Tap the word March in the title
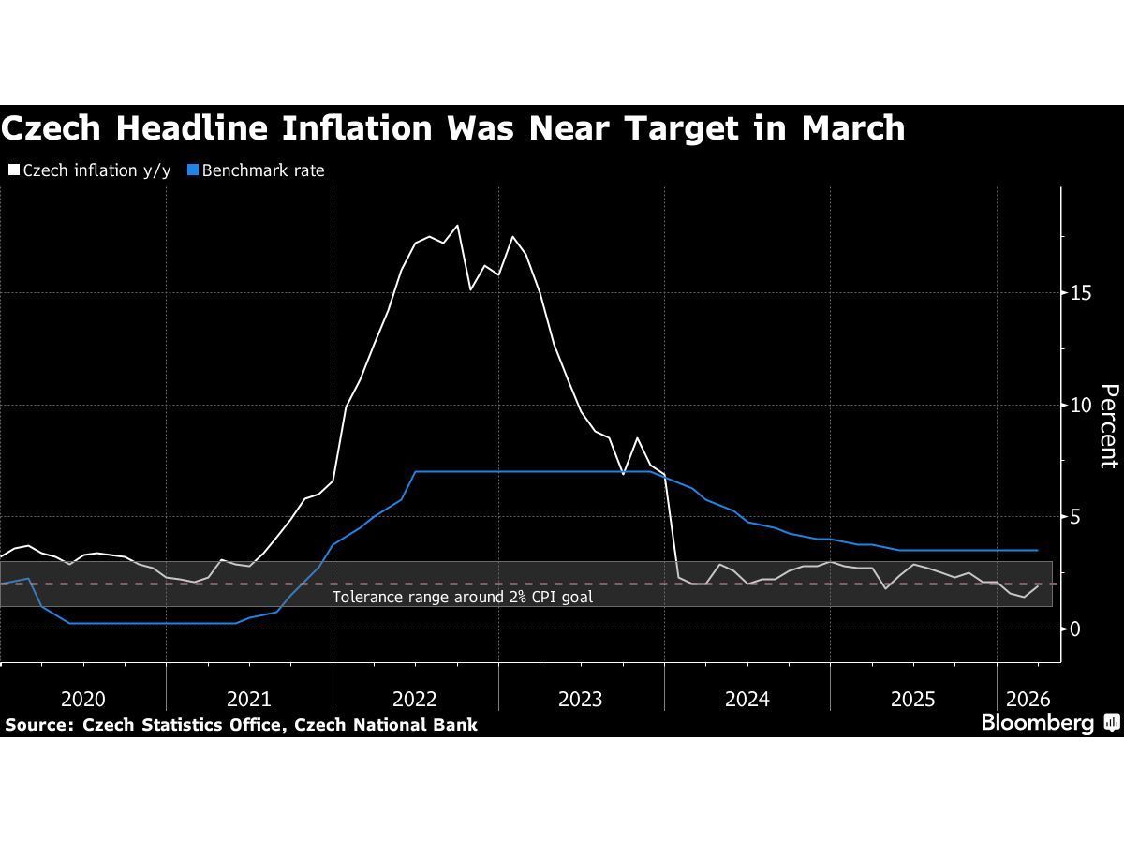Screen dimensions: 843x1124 click(852, 128)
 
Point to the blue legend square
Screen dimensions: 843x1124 click(194, 170)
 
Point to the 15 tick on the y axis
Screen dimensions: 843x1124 click(1083, 293)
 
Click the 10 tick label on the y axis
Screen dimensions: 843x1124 click(1083, 405)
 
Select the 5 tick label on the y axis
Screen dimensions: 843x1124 click(1077, 517)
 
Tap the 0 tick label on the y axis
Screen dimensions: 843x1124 click(1077, 629)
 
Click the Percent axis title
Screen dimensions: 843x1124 click(1108, 426)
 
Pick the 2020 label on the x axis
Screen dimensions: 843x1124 click(82, 699)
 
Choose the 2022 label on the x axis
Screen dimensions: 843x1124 click(415, 699)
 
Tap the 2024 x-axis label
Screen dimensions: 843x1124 click(747, 699)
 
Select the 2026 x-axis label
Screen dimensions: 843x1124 click(1028, 699)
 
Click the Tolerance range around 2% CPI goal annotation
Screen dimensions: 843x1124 click(463, 597)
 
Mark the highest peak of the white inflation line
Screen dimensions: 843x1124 click(457, 226)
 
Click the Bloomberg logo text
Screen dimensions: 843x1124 click(1037, 723)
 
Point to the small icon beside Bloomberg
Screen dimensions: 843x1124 click(1112, 722)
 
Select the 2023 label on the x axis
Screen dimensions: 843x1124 click(581, 699)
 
